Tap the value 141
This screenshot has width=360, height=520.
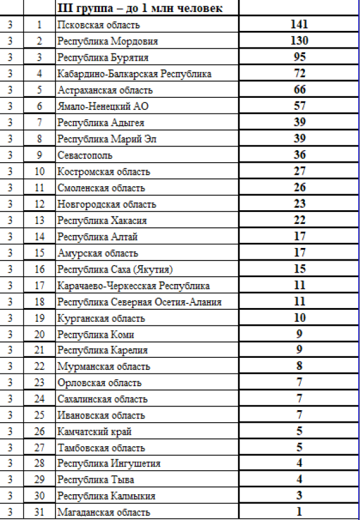point(299,25)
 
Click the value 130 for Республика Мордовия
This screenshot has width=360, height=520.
point(299,41)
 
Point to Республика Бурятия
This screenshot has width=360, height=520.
point(103,57)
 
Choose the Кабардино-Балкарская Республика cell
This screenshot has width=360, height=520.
point(134,74)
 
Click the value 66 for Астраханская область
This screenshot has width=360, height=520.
point(299,90)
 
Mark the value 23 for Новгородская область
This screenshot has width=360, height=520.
point(299,204)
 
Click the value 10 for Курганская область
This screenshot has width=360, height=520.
point(299,318)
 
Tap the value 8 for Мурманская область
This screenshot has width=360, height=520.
point(299,366)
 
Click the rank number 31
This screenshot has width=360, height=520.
point(40,512)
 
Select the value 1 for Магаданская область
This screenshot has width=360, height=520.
point(299,512)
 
